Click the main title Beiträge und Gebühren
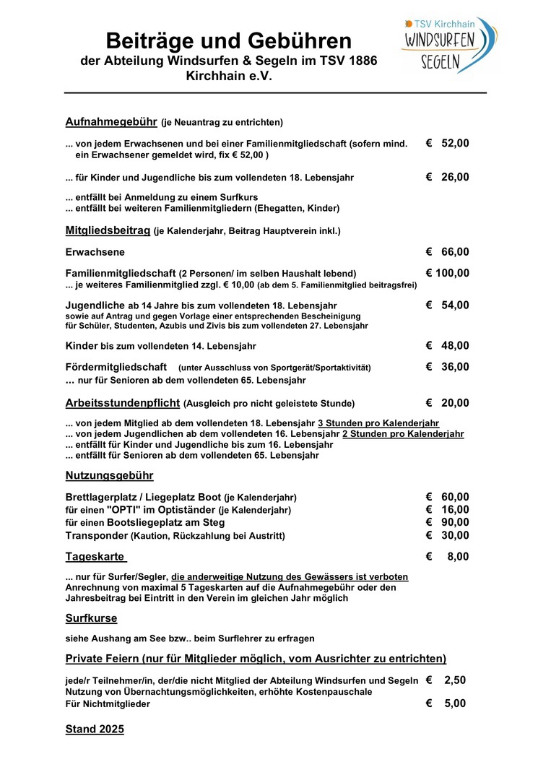tap(229, 40)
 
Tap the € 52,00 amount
tap(447, 144)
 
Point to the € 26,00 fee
tap(447, 177)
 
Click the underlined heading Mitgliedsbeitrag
tap(108, 230)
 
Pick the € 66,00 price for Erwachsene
tap(447, 252)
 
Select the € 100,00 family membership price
tap(447, 273)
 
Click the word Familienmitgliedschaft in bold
tap(121, 273)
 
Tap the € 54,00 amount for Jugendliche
tap(447, 305)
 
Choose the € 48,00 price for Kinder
tap(447, 346)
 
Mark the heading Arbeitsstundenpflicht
tap(123, 403)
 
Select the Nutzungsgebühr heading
tap(109, 476)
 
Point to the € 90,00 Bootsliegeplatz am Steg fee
tap(447, 522)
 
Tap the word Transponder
tap(96, 535)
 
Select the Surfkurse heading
tap(91, 618)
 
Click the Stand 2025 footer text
tap(95, 729)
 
